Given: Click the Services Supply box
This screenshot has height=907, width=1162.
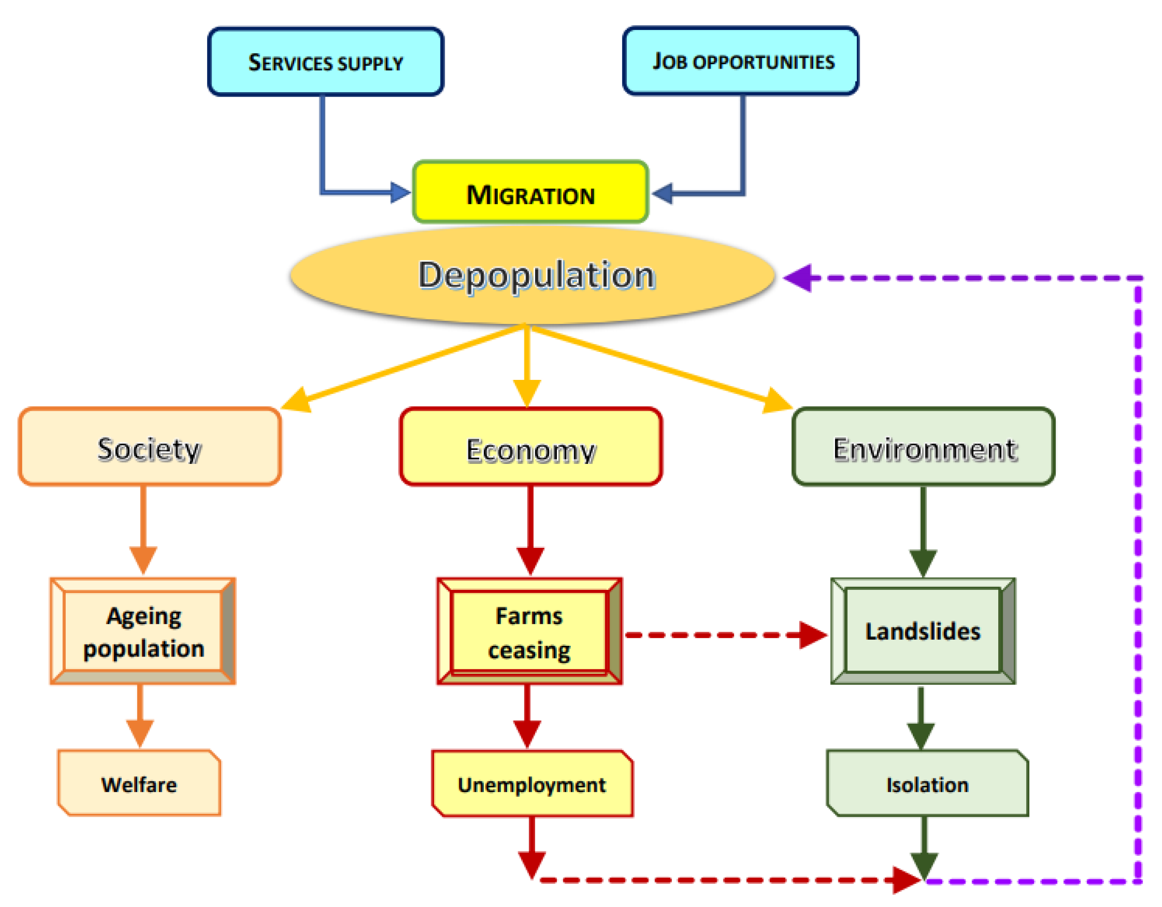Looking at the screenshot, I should [325, 62].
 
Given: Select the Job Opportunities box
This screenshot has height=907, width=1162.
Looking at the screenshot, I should [740, 61].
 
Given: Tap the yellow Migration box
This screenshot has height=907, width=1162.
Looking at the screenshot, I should [530, 192].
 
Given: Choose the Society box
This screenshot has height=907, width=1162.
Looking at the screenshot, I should [150, 447].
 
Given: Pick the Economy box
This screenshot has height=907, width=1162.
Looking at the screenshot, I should [530, 447].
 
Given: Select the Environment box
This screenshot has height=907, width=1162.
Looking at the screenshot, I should [923, 447].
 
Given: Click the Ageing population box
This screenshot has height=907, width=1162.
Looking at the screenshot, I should [142, 631].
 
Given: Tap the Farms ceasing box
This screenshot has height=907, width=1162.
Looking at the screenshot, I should [529, 631].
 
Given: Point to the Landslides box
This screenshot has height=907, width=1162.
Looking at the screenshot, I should [922, 631].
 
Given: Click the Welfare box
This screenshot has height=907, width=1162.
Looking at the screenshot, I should [140, 783].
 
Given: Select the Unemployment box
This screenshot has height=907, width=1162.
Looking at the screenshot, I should [532, 783].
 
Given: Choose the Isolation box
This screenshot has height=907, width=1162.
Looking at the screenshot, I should [927, 783].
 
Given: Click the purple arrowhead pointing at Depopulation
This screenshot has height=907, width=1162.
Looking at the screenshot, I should [799, 278].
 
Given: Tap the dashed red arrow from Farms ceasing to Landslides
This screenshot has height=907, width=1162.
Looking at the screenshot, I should [723, 635].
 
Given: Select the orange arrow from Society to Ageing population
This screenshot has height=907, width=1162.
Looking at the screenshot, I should [143, 526].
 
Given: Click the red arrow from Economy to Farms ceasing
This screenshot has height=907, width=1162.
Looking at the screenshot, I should [530, 526].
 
